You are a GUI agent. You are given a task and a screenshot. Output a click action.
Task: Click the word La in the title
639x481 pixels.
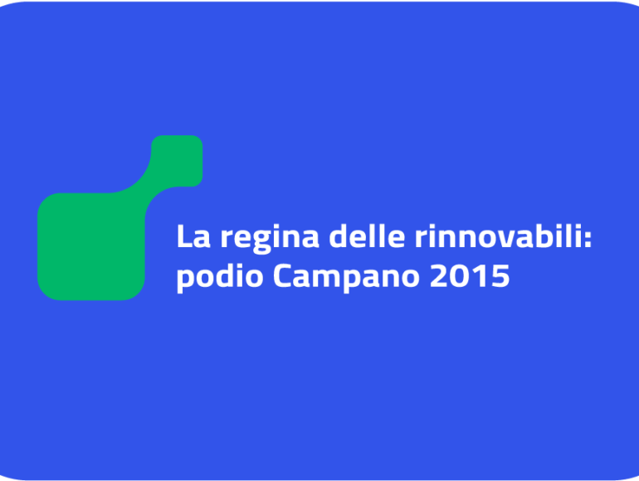click(193, 236)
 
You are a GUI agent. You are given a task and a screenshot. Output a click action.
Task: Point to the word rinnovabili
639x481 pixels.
click(498, 236)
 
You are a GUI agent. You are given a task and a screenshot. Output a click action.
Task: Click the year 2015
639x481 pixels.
click(470, 276)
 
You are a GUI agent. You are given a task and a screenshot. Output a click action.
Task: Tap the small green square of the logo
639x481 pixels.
click(178, 160)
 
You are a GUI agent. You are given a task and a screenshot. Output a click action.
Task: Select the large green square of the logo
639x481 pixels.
click(91, 246)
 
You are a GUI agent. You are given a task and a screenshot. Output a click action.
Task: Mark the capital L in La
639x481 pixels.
click(184, 236)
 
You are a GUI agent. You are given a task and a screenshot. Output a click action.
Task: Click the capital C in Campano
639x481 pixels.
click(282, 275)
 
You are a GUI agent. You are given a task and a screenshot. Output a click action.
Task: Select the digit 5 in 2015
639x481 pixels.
click(501, 276)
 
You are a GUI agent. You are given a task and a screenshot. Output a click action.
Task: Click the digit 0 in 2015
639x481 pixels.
click(460, 276)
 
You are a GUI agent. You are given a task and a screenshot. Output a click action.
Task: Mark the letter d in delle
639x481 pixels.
click(339, 236)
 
